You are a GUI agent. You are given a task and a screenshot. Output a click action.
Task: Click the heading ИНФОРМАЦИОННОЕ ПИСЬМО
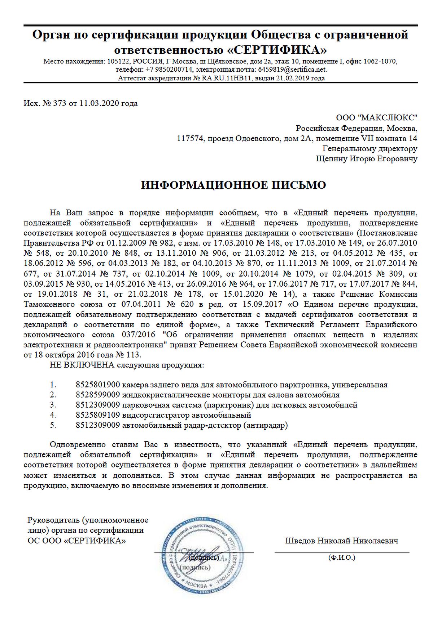(x=233, y=185)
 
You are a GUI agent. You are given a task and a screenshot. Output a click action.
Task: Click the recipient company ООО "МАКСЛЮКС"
(x=376, y=117)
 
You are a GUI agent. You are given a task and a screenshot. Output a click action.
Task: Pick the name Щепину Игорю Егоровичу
(x=367, y=159)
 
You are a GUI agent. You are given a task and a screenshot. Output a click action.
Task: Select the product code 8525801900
(x=97, y=385)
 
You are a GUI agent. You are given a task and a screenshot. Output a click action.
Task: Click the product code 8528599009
(x=97, y=395)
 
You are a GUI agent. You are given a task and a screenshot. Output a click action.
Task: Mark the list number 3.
(x=53, y=405)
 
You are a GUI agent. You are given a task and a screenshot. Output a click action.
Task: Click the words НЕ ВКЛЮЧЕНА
(x=82, y=365)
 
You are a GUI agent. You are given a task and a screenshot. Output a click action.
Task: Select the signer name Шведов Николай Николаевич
(x=342, y=541)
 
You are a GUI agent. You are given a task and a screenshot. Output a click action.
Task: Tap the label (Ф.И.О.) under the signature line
(x=341, y=558)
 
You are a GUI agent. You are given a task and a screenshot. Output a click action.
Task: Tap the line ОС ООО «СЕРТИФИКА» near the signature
(x=77, y=541)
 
